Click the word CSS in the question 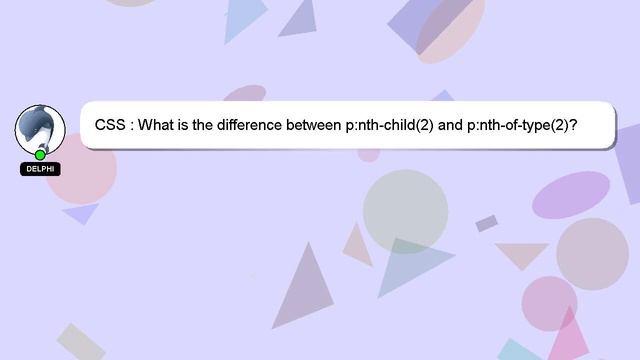[x=110, y=126]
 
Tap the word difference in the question [x=254, y=126]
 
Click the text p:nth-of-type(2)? [x=523, y=126]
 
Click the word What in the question [x=157, y=126]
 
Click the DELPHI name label [x=40, y=169]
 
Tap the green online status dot [x=40, y=155]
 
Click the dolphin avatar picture [x=40, y=128]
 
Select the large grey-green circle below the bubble [x=405, y=210]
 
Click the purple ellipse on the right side [x=571, y=193]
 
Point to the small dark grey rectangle [x=487, y=223]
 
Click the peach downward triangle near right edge [x=522, y=255]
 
